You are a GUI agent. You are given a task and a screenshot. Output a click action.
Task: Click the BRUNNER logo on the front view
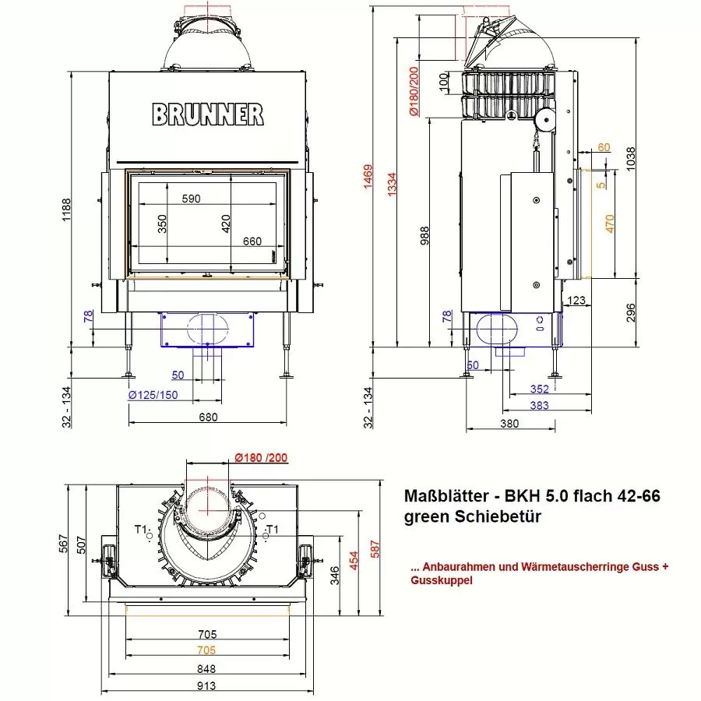207,114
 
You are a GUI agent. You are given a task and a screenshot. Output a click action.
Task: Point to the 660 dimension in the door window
252,241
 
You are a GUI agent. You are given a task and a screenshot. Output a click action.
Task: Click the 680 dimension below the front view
207,417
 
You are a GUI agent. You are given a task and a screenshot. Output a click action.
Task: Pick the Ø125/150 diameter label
153,395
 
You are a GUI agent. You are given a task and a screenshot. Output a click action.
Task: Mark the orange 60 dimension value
604,146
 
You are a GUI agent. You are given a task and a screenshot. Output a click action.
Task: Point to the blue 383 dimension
537,405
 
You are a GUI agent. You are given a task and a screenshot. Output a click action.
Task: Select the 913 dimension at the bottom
207,686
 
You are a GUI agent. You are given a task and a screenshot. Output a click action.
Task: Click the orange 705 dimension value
207,650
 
